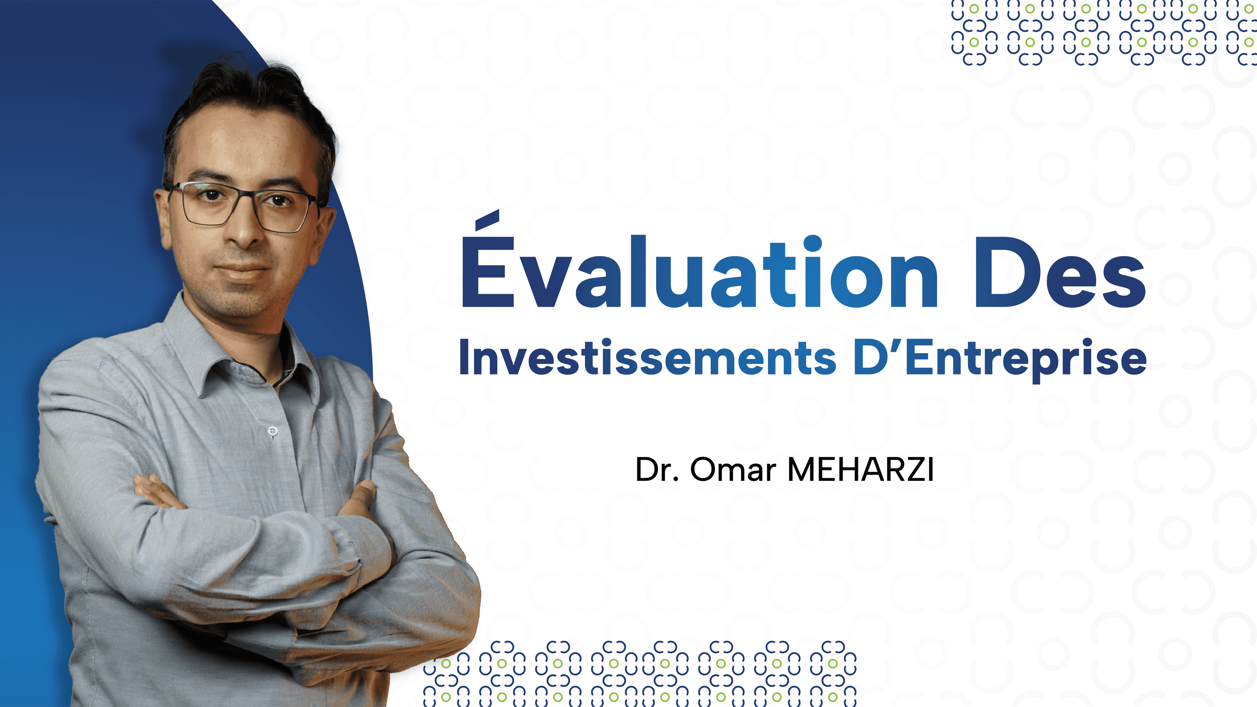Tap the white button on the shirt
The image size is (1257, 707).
[273, 430]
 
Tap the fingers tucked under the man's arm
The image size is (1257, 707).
[155, 490]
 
